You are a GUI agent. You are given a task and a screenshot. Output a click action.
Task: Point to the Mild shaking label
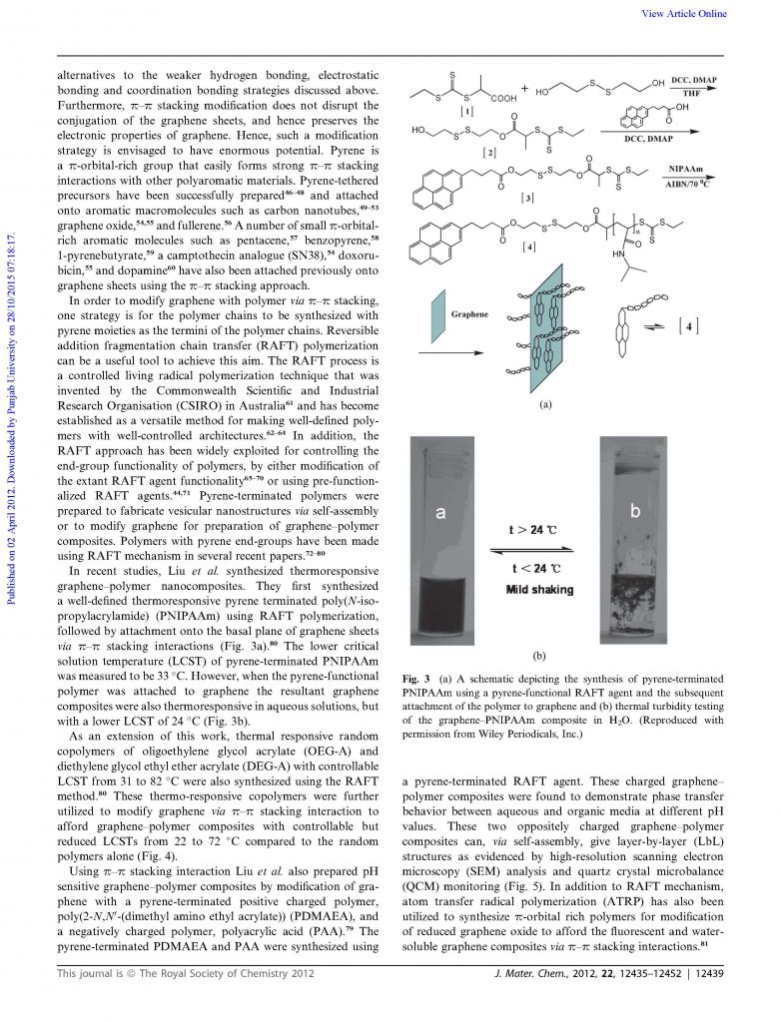coord(540,589)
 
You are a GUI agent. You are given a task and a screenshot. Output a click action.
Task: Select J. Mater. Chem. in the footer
coord(534,999)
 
